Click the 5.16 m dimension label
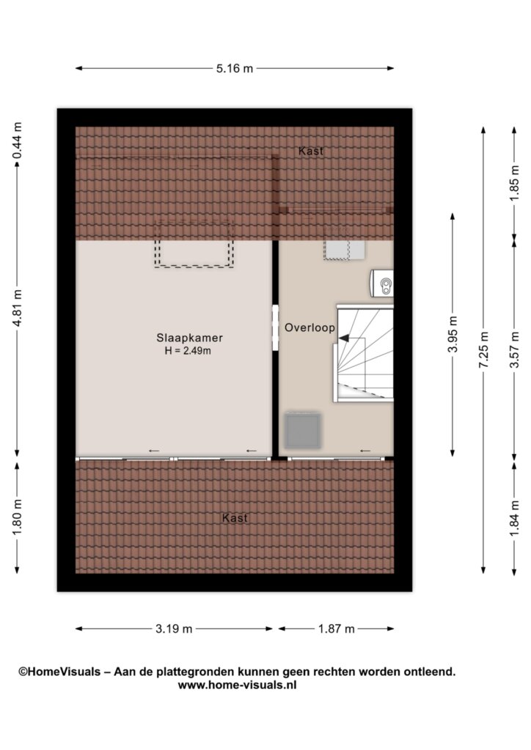(x=234, y=68)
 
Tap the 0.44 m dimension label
(x=18, y=141)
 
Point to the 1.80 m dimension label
(x=18, y=517)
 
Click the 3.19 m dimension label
(x=174, y=628)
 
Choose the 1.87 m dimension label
(x=337, y=628)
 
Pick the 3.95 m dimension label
(x=453, y=334)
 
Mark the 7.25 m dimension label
(x=483, y=349)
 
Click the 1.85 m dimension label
(x=514, y=183)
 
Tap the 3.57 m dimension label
(x=514, y=349)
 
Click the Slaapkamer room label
(x=190, y=338)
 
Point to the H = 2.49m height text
(x=188, y=351)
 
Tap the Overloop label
(x=310, y=327)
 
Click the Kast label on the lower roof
(x=235, y=518)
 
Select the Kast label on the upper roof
(x=311, y=151)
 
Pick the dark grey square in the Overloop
(x=303, y=431)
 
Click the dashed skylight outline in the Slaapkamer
(x=194, y=244)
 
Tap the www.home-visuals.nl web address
(x=237, y=685)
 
